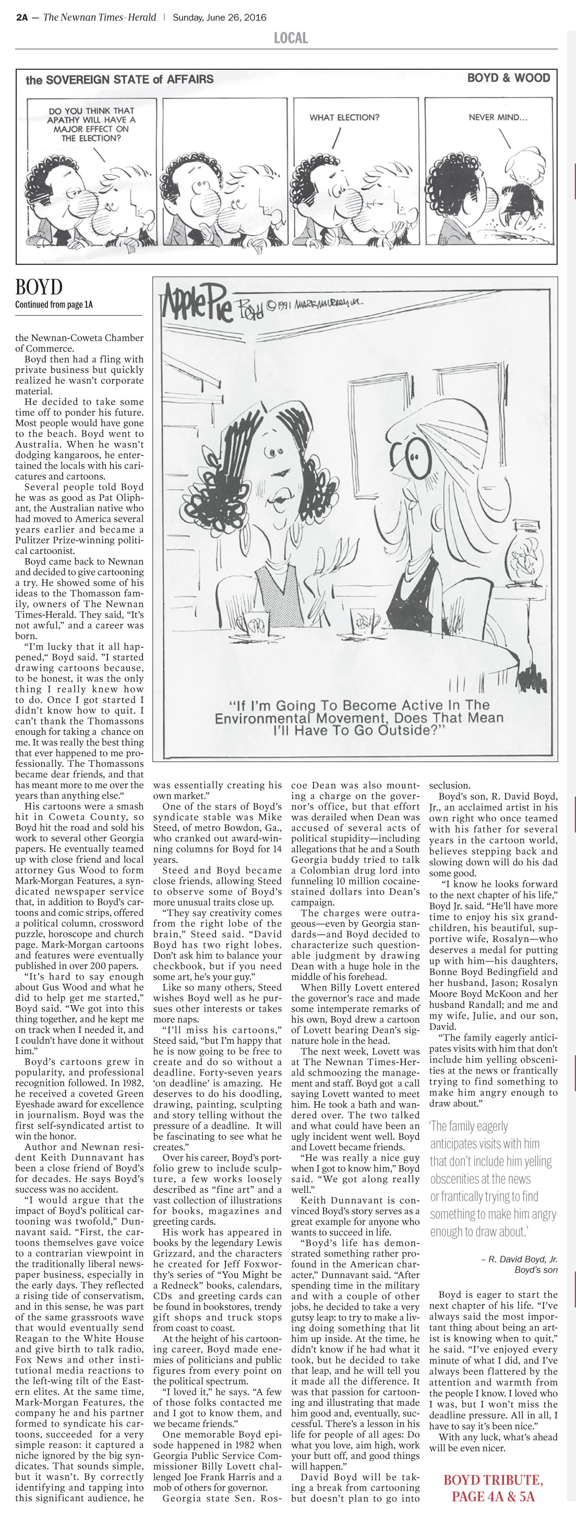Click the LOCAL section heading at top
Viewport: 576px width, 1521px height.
coord(291,39)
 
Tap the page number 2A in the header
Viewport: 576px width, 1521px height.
coord(22,17)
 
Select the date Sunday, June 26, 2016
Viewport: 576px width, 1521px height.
coord(219,17)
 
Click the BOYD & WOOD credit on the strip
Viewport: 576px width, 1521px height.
coord(508,78)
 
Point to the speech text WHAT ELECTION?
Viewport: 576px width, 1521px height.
coord(344,117)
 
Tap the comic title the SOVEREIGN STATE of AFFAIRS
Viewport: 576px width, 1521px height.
coord(119,79)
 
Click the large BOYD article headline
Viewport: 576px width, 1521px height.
coord(39,287)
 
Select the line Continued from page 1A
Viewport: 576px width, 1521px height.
coord(54,305)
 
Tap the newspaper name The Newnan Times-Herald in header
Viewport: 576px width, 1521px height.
coord(99,17)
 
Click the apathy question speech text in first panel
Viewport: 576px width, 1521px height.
coord(92,124)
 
